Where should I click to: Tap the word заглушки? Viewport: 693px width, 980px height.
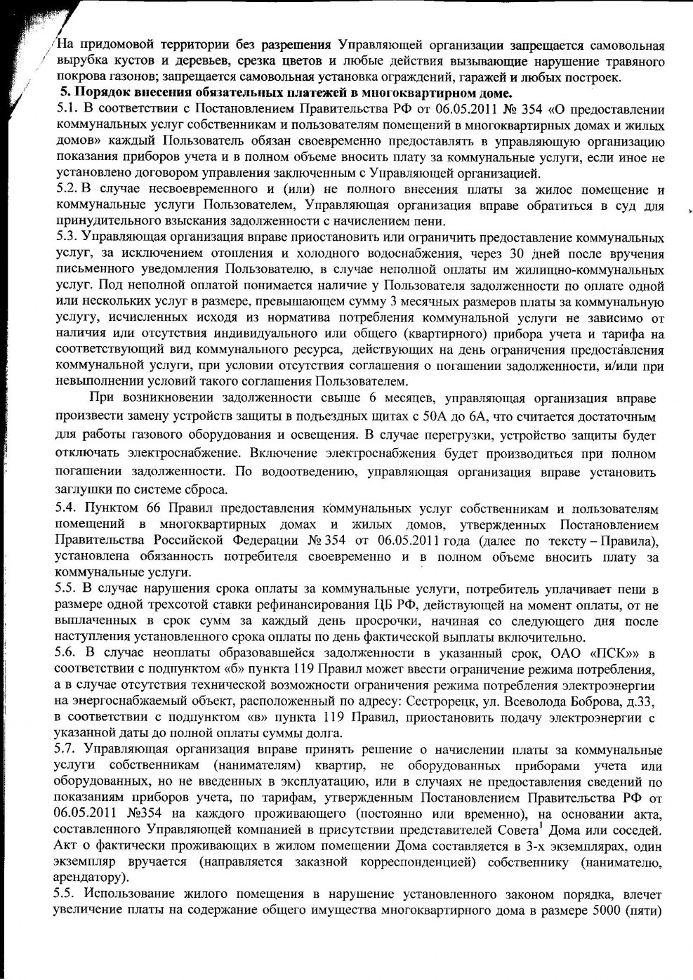click(x=81, y=489)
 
